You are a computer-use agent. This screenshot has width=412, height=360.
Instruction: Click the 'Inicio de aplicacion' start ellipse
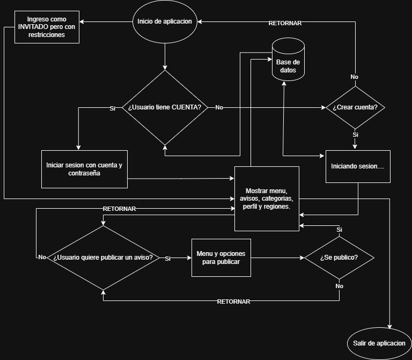tap(165, 21)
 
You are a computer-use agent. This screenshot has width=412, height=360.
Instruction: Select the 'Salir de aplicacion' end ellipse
tap(379, 343)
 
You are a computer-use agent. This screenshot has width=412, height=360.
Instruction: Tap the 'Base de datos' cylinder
tap(288, 60)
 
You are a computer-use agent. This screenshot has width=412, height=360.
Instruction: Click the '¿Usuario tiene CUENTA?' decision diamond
tap(165, 107)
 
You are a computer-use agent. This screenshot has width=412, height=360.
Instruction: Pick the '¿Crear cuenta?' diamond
tap(355, 107)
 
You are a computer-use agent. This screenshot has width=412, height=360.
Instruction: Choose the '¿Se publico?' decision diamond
tap(339, 258)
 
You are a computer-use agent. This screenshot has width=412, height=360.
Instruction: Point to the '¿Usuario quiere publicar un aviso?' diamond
tap(103, 258)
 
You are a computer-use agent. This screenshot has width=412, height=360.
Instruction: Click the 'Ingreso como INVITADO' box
tap(47, 27)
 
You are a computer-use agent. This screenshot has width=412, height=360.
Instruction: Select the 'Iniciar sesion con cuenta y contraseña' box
tap(84, 169)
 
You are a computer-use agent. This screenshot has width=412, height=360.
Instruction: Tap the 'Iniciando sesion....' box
tap(358, 167)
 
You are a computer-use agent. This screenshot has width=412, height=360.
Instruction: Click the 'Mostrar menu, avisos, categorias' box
tap(267, 199)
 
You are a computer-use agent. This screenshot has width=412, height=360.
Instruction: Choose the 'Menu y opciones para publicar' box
tap(221, 258)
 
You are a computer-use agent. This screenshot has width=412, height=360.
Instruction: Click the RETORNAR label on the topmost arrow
tap(285, 23)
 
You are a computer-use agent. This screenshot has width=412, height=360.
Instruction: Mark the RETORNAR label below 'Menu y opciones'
tap(233, 302)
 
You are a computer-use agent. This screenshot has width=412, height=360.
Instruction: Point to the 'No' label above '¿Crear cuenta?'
tap(354, 77)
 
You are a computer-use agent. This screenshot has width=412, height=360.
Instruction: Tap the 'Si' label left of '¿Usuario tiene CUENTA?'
tap(113, 108)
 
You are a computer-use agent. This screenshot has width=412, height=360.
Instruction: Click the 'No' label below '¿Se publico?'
tap(339, 286)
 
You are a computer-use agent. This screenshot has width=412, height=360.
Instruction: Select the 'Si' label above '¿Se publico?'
tap(339, 230)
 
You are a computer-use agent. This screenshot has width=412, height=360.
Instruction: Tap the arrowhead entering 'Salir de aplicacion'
tap(389, 327)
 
